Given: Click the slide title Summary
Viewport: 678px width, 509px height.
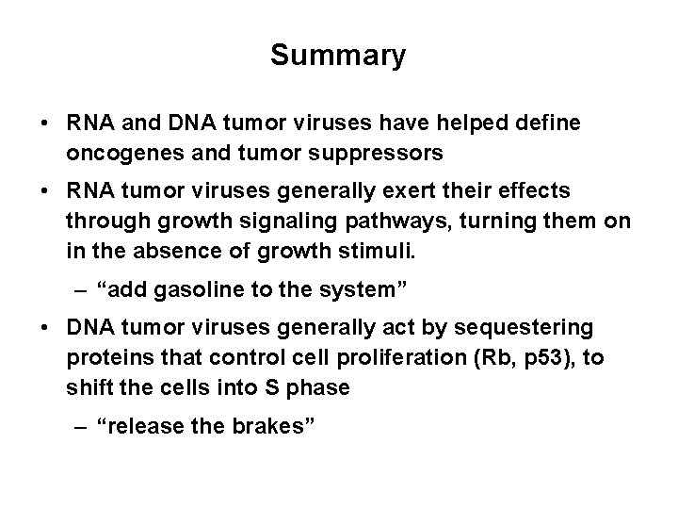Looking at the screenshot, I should [x=338, y=56].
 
